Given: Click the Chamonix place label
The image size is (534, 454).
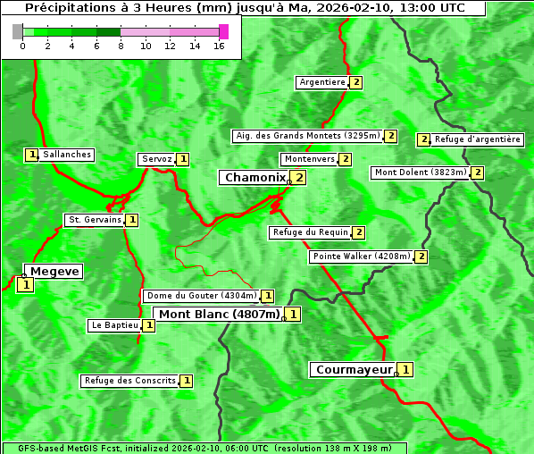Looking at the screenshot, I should (x=254, y=178).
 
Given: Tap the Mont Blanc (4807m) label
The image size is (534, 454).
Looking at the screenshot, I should (x=220, y=314).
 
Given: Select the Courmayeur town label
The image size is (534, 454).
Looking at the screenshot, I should (x=355, y=369).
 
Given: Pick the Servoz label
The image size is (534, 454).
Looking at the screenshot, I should (x=157, y=159).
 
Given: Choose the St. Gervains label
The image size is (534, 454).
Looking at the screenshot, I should (x=95, y=220).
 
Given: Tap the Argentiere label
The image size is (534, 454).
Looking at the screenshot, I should (x=322, y=82).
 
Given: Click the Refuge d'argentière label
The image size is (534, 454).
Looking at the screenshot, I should (x=478, y=139).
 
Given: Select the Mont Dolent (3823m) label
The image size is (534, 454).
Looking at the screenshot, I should (x=421, y=172).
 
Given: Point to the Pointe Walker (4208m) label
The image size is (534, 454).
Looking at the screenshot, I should (x=362, y=256).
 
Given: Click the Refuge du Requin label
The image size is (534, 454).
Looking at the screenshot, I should (x=310, y=232).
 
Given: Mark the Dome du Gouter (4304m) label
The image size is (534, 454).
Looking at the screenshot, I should (x=202, y=296).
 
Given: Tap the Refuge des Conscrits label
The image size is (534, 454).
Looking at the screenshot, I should (x=130, y=381).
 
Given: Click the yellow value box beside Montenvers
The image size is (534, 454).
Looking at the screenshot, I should (x=345, y=159).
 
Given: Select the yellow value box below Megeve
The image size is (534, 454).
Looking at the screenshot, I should (x=25, y=285).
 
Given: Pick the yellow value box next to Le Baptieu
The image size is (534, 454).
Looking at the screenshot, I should (x=148, y=325).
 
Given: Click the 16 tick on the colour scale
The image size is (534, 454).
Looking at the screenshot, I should (x=219, y=46).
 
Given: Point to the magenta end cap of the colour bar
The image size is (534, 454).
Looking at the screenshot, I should (x=223, y=31).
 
